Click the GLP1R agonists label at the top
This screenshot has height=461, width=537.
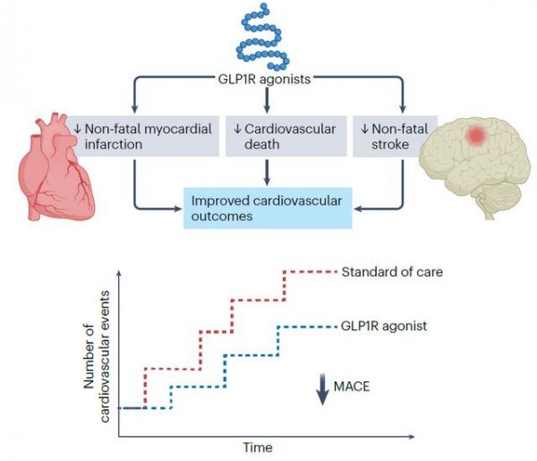click(x=264, y=79)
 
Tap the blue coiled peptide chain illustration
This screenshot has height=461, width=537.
click(x=263, y=37)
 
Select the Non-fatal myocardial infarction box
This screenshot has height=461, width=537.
click(x=144, y=136)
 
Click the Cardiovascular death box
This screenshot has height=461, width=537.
click(x=286, y=136)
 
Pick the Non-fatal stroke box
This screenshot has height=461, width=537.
click(x=395, y=136)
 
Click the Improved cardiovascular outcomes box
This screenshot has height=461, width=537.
click(x=268, y=209)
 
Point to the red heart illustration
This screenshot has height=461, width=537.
click(x=55, y=166)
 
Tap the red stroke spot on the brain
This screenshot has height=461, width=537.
click(x=476, y=135)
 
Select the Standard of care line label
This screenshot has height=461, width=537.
click(x=392, y=272)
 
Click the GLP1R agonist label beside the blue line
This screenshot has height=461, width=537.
click(x=384, y=326)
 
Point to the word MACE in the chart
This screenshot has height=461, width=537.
click(x=352, y=387)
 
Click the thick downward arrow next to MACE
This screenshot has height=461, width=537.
click(x=322, y=389)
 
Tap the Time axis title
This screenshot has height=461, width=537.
click(x=258, y=448)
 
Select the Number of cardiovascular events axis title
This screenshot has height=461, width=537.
click(x=98, y=356)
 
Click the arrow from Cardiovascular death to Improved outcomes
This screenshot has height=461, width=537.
click(x=267, y=173)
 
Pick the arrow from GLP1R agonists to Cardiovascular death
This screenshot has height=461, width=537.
click(x=267, y=100)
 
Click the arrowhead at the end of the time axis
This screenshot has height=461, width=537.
click(x=412, y=436)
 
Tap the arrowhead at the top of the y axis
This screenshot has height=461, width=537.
click(x=119, y=273)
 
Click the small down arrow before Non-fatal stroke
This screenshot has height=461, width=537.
click(x=364, y=129)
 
